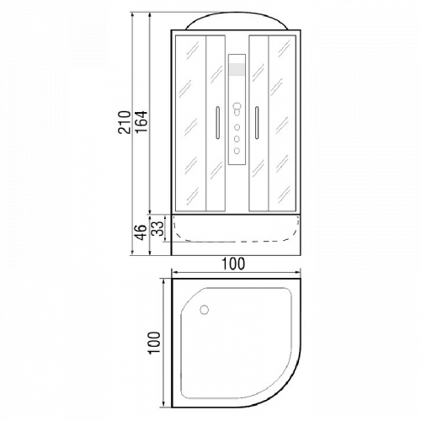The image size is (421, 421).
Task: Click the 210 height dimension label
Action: pyautogui.click(x=125, y=122)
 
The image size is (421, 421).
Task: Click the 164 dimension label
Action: pyautogui.click(x=141, y=122)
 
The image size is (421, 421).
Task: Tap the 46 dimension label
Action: pyautogui.click(x=141, y=232)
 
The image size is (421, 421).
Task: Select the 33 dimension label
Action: pyautogui.click(x=157, y=228)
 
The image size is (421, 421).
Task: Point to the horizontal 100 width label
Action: pyautogui.click(x=233, y=264)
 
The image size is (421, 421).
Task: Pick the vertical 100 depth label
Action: pyautogui.click(x=154, y=343)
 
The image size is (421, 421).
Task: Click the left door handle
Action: pyautogui.click(x=217, y=123)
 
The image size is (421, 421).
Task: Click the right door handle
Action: pyautogui.click(x=257, y=123)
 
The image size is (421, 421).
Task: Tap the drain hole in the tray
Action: pyautogui.click(x=204, y=310)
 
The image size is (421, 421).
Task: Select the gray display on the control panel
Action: pyautogui.click(x=237, y=70)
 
